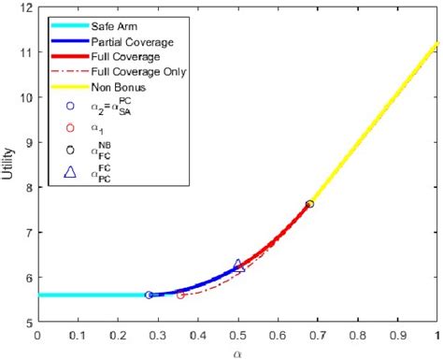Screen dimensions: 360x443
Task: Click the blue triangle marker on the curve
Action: pyautogui.click(x=238, y=266)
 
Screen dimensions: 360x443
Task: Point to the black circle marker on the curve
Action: pyautogui.click(x=310, y=204)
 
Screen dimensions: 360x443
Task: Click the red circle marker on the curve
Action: pyautogui.click(x=181, y=295)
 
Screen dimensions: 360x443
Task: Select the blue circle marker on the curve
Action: pyautogui.click(x=150, y=295)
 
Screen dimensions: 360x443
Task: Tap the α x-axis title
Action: pyautogui.click(x=237, y=353)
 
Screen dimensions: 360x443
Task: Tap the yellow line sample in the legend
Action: pyautogui.click(x=66, y=86)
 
